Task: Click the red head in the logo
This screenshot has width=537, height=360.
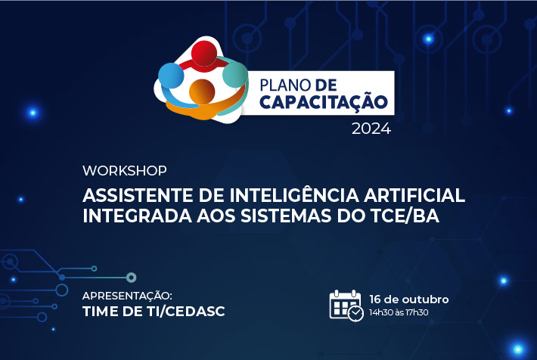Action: pos(204,53)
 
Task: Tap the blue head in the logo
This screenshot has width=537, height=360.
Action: pos(171,76)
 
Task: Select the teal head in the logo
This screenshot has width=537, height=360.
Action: pos(235,74)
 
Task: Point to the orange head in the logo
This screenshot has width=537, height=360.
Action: pos(202,92)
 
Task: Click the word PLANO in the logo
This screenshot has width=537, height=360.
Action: pos(285,85)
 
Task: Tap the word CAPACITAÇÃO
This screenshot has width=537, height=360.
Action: pos(324,102)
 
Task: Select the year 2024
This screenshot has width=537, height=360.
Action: pos(371,129)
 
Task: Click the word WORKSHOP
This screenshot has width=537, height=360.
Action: pos(125,171)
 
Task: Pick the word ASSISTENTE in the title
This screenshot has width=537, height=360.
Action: pos(138,196)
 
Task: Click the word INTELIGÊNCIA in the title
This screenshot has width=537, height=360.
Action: pos(294,194)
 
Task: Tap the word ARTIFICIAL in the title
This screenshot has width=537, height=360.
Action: pos(414,196)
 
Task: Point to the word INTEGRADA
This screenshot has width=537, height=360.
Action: pos(137,216)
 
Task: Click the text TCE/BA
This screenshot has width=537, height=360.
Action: pos(405,216)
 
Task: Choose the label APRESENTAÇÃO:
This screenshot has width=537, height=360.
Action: pos(127,296)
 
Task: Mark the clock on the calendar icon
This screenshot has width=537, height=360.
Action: pos(355,313)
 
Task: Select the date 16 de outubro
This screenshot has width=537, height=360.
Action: pos(409,299)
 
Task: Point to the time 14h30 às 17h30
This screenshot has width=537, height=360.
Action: pos(399,312)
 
